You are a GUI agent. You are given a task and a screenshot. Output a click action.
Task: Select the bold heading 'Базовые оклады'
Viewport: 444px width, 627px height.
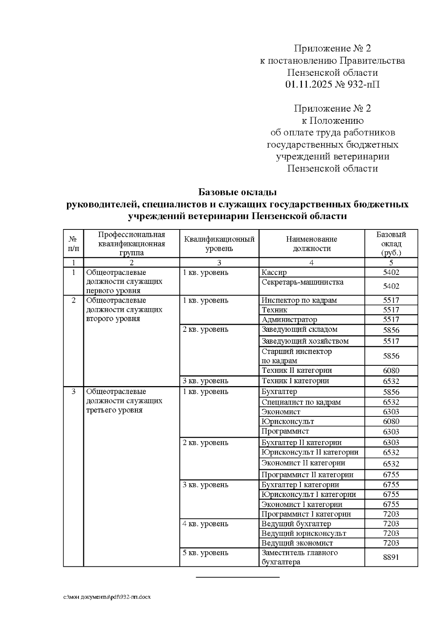237,192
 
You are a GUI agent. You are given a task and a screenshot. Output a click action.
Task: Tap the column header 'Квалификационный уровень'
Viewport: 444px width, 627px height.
219,243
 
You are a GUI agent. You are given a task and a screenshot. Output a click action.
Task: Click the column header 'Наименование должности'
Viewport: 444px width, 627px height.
312,243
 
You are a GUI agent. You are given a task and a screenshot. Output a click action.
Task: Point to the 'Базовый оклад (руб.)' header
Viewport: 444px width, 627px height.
391,243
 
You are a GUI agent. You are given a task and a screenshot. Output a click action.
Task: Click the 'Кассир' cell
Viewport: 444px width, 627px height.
274,273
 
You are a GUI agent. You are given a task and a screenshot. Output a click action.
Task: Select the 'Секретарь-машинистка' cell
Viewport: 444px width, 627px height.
302,282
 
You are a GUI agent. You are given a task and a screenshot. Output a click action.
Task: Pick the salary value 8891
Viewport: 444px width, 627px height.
391,557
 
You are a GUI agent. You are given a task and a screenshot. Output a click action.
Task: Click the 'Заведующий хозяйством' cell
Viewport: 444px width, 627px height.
305,341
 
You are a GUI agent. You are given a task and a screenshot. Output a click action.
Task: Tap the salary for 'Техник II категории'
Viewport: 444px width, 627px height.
391,371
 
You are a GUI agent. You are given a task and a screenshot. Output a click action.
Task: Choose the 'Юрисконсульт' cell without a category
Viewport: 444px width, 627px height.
287,422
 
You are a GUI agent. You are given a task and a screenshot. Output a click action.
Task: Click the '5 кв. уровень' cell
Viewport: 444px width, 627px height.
205,553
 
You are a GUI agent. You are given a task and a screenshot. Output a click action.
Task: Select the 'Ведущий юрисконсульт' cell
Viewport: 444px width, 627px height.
303,533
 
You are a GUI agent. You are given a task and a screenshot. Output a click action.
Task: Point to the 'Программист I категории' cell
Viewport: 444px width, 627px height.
306,514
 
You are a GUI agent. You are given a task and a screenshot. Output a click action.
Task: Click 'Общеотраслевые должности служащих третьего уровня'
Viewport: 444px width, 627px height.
124,401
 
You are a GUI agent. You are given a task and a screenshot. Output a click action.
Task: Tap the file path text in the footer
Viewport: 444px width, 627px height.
107,597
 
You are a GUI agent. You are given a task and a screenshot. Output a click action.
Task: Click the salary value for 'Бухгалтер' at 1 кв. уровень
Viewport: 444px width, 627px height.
391,392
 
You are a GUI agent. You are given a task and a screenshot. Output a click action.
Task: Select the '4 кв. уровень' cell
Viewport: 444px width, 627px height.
205,524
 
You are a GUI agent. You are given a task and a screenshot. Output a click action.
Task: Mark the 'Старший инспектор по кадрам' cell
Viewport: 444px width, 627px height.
296,356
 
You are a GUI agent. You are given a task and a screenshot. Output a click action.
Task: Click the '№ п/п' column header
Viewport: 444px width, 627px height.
73,243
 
